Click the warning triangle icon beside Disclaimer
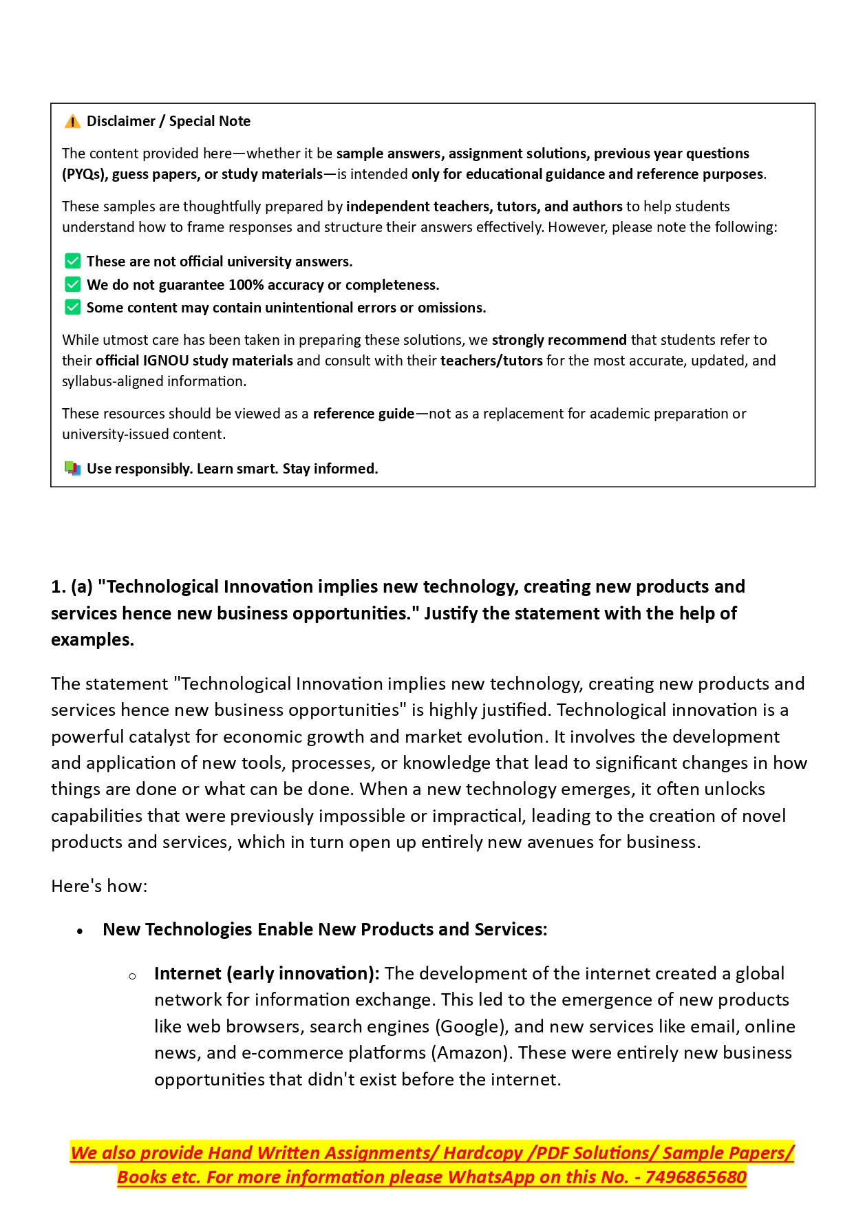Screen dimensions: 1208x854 (x=72, y=122)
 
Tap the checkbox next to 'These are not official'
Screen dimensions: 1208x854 (x=72, y=262)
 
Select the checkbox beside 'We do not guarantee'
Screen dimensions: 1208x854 (x=72, y=285)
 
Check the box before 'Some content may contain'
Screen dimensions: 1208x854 (x=72, y=308)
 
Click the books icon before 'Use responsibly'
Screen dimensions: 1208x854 (x=72, y=469)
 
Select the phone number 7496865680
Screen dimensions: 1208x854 (x=696, y=1178)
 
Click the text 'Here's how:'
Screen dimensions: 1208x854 (x=99, y=886)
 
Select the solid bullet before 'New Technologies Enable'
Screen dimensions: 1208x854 (x=81, y=931)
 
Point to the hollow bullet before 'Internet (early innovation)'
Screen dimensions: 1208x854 (x=132, y=975)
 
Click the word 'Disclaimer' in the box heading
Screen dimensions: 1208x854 (x=121, y=121)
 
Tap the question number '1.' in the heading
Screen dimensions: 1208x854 (x=58, y=587)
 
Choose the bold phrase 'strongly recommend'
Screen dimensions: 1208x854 (x=559, y=340)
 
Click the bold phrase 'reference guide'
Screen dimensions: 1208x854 (x=363, y=414)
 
